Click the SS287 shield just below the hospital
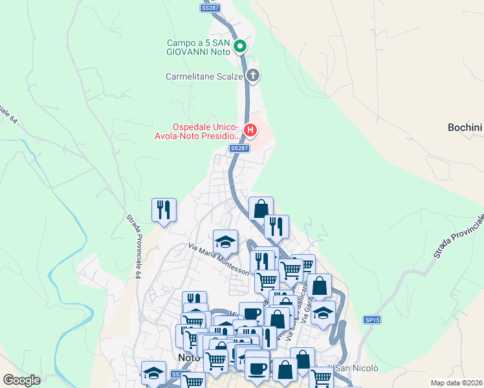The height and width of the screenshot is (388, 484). click(239, 148)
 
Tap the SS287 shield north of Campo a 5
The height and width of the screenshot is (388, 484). click(210, 8)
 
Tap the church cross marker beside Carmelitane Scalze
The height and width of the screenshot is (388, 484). click(253, 76)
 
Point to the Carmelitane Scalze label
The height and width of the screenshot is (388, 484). click(204, 76)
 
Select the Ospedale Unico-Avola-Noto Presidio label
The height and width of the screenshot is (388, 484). click(206, 131)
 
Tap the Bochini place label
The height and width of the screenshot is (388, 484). click(465, 127)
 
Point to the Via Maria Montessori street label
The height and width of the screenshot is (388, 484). click(219, 258)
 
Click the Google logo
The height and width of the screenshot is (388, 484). click(22, 380)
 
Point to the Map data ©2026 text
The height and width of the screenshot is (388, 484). click(457, 383)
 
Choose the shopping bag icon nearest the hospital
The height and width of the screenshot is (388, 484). click(261, 209)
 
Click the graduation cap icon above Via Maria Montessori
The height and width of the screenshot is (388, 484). click(225, 242)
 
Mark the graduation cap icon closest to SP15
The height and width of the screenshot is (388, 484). click(323, 313)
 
